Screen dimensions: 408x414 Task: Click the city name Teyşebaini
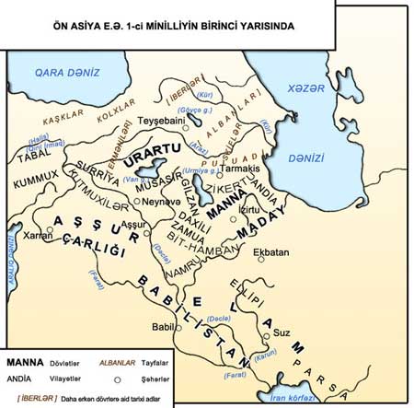161,120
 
